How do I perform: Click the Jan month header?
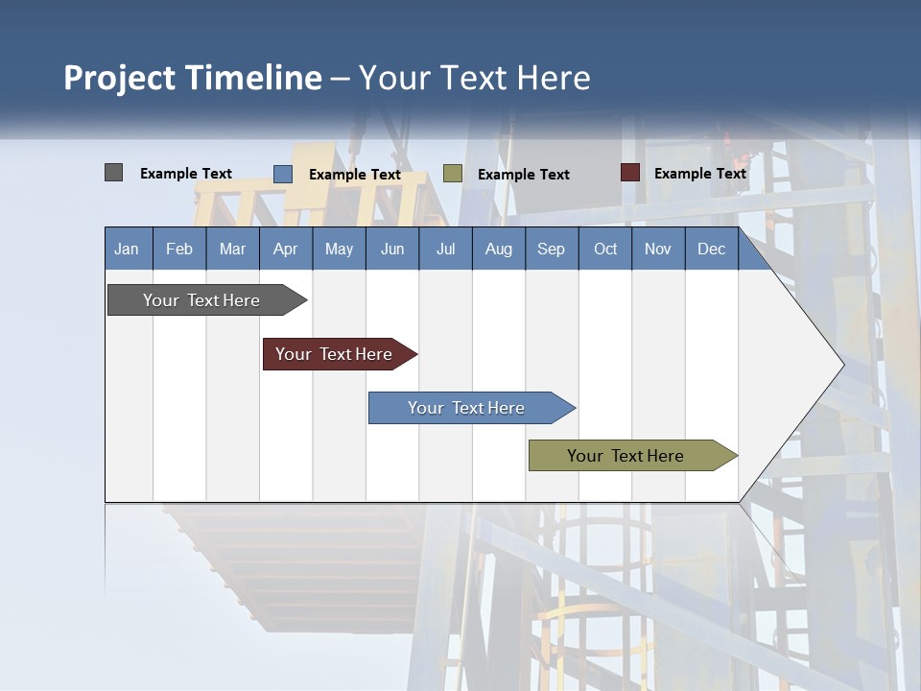127,249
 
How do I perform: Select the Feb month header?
179,249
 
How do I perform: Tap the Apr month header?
285,249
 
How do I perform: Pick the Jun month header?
392,249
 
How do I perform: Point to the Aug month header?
499,249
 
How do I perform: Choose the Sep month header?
551,249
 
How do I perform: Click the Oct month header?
605,249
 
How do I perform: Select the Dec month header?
711,249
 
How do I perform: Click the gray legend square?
114,173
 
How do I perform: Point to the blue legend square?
283,174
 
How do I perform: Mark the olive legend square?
453,174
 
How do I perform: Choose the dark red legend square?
630,173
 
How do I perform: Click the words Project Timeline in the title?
193,78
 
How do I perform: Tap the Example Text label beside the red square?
699,174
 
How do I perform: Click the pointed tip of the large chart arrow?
841,364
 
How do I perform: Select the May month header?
339,249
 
